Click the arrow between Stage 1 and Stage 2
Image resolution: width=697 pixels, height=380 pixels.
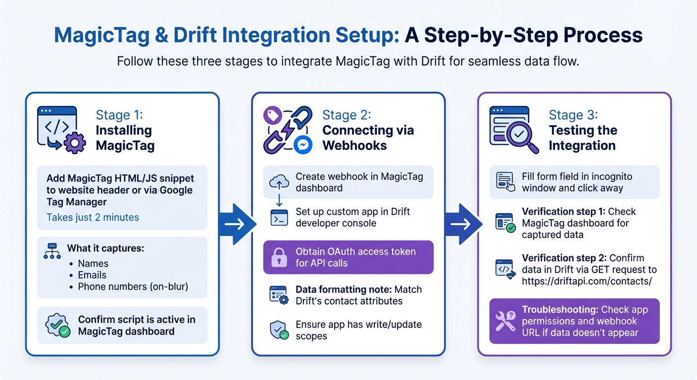236,224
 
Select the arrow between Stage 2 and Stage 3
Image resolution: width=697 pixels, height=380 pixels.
462,224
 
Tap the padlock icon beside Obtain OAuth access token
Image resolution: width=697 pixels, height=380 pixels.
279,257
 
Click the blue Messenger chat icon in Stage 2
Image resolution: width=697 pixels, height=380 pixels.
302,144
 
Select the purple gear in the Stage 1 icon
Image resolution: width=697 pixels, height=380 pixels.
75,143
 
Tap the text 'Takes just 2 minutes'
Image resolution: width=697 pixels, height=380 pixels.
93,217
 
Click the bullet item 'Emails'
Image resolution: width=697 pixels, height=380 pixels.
92,275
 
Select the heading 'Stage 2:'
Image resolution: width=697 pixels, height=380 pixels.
347,115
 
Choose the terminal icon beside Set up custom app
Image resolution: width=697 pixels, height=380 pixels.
279,218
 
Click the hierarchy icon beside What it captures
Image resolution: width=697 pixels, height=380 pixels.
52,252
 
